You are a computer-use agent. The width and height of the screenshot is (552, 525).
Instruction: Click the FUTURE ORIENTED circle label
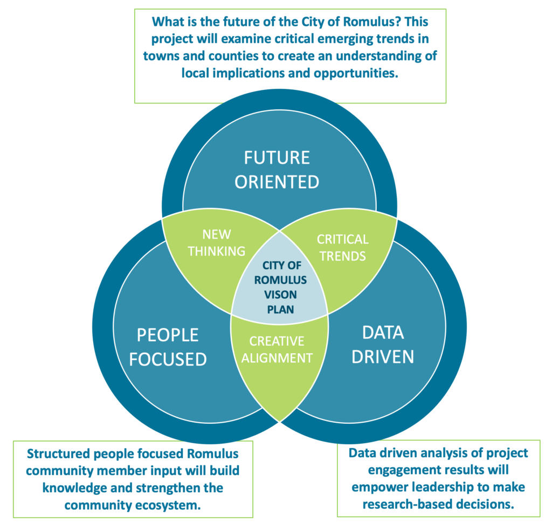pyautogui.click(x=277, y=170)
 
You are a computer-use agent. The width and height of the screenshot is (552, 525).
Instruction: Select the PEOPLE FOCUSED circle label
pyautogui.click(x=168, y=347)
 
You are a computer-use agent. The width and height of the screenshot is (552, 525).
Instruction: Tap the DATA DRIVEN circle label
pyautogui.click(x=383, y=345)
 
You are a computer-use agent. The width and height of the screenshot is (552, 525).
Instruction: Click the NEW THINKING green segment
pyautogui.click(x=217, y=243)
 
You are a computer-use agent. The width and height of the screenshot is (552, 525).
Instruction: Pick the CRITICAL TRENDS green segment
pyautogui.click(x=342, y=247)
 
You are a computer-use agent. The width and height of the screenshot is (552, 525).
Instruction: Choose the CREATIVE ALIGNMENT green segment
pyautogui.click(x=277, y=349)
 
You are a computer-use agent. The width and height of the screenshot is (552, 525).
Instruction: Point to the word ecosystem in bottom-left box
pyautogui.click(x=161, y=505)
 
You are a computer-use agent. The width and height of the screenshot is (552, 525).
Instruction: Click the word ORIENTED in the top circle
pyautogui.click(x=277, y=182)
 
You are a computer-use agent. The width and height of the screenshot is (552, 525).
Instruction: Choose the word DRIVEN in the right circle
pyautogui.click(x=383, y=356)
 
